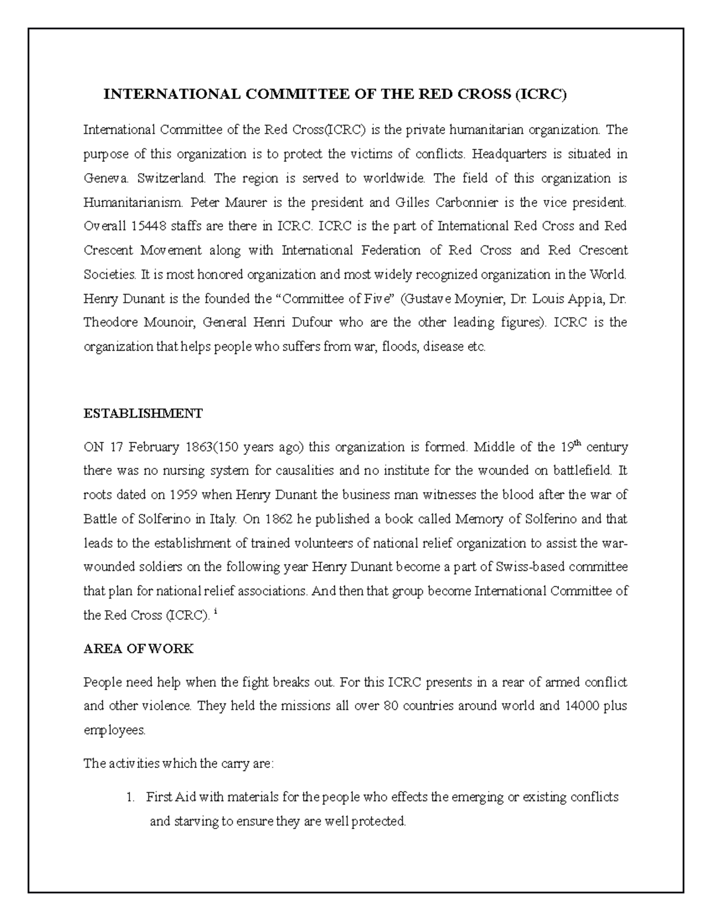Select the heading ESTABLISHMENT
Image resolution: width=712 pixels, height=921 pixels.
(x=143, y=413)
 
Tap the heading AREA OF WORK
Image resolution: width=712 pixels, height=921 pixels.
(x=138, y=649)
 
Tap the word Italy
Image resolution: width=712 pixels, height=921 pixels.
(x=223, y=519)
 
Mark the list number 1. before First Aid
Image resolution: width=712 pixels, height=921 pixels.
(x=131, y=797)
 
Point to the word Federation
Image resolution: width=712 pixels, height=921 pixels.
(x=391, y=250)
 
